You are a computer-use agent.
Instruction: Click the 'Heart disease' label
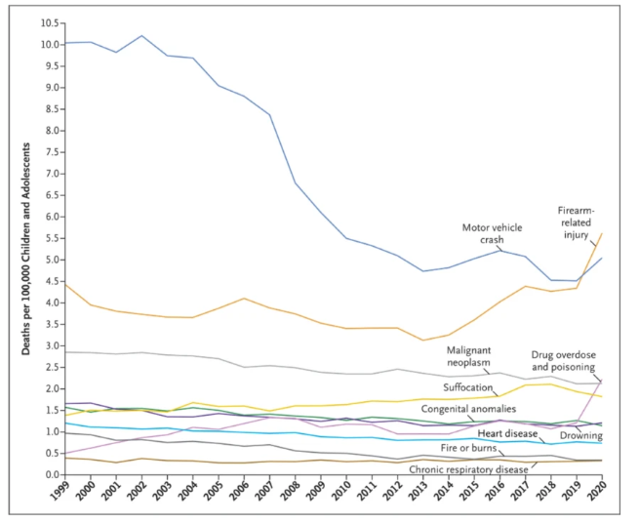click(506, 432)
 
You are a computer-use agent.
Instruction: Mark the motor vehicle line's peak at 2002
click(144, 36)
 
